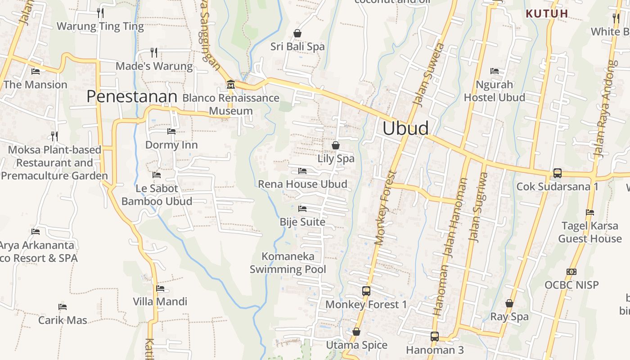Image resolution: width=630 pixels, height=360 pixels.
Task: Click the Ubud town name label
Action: (405, 128)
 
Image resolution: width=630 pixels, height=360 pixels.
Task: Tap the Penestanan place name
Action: (132, 96)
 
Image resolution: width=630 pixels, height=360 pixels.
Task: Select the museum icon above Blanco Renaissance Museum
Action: (231, 84)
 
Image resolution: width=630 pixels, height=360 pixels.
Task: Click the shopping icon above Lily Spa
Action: (336, 145)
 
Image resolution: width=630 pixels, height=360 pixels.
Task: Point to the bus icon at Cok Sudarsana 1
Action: (557, 173)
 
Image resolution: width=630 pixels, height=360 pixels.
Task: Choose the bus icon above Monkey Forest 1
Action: (366, 291)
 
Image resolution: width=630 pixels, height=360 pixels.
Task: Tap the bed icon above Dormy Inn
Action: (171, 131)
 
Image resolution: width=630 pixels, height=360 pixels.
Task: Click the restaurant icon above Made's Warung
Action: (154, 53)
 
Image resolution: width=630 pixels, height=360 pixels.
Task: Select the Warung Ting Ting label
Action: (100, 26)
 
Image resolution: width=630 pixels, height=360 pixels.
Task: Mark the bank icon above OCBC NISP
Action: (571, 272)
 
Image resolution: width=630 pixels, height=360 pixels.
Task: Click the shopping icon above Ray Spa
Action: (509, 303)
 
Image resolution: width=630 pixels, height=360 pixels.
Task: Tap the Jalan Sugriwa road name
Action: (479, 207)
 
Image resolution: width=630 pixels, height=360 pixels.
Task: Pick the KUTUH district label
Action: (547, 13)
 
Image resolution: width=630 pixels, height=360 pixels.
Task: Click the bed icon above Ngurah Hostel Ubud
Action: (495, 71)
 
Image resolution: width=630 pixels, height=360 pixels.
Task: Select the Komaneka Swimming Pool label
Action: (288, 263)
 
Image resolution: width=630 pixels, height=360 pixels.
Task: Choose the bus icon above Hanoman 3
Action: (434, 336)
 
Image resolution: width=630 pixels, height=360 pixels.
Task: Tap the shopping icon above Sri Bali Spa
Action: (297, 33)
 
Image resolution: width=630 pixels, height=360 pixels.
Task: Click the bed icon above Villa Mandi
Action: (160, 288)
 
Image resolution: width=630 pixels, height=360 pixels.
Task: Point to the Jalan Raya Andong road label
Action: (605, 108)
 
